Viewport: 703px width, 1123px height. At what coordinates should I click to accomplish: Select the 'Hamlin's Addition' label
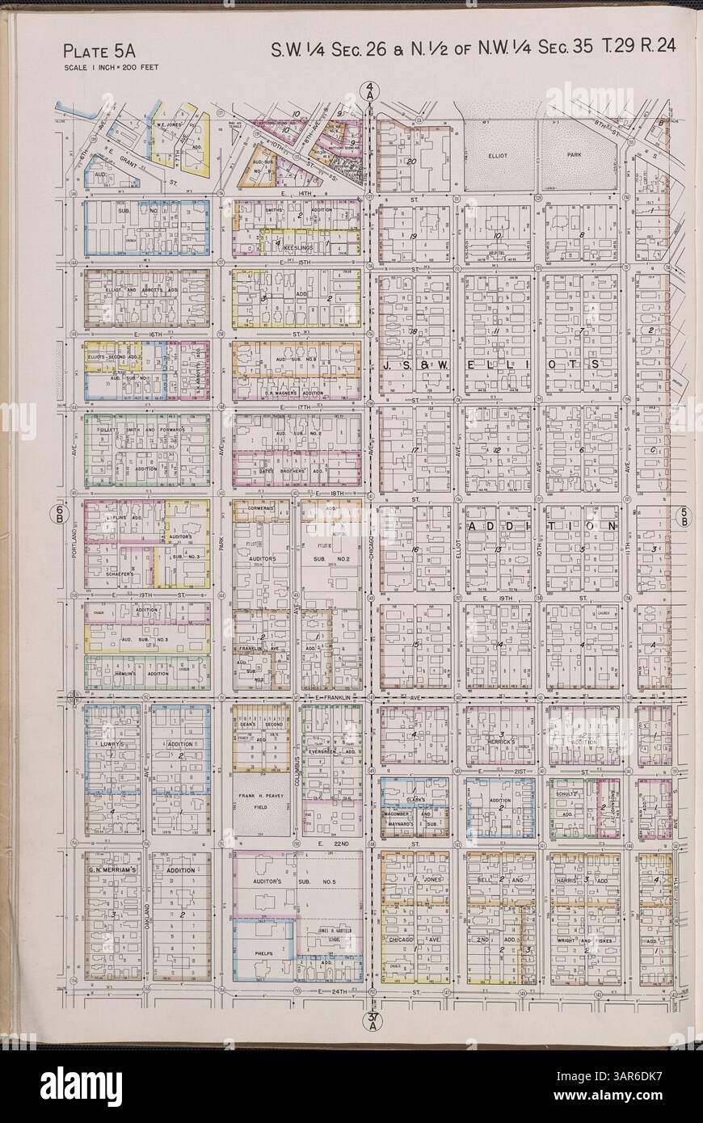pos(145,673)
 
